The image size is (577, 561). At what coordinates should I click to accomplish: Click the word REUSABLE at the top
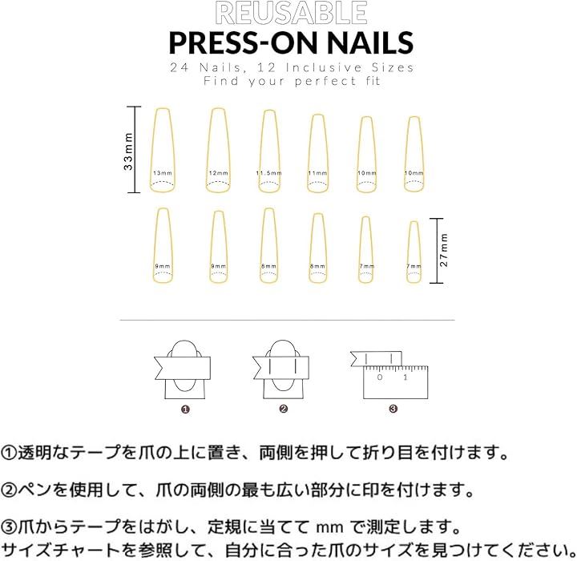(x=291, y=14)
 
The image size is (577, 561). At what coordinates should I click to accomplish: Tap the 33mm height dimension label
(x=128, y=151)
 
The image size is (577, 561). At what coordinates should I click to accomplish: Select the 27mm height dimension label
(x=444, y=250)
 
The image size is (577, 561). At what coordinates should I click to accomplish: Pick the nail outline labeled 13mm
(x=151, y=150)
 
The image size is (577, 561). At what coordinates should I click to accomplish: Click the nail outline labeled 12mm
(x=208, y=150)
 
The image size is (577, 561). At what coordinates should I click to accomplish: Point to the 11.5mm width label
(x=269, y=173)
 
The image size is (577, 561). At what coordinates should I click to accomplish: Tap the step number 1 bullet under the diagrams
(x=185, y=410)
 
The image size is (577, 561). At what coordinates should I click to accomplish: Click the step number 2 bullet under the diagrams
(x=283, y=409)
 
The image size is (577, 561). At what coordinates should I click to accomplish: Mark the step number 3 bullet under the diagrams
(x=393, y=409)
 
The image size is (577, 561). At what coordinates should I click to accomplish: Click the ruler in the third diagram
(x=396, y=382)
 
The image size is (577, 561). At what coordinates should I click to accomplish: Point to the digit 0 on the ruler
(x=380, y=377)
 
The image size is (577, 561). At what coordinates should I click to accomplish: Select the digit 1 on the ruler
(x=406, y=377)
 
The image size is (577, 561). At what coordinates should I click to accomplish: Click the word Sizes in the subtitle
(x=393, y=68)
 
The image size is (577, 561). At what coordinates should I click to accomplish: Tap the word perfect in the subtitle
(x=325, y=81)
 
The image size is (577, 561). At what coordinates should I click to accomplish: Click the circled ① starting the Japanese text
(x=9, y=453)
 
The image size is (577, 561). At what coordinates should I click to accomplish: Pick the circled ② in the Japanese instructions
(x=9, y=490)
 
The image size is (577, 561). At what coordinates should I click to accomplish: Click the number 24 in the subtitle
(x=180, y=68)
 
